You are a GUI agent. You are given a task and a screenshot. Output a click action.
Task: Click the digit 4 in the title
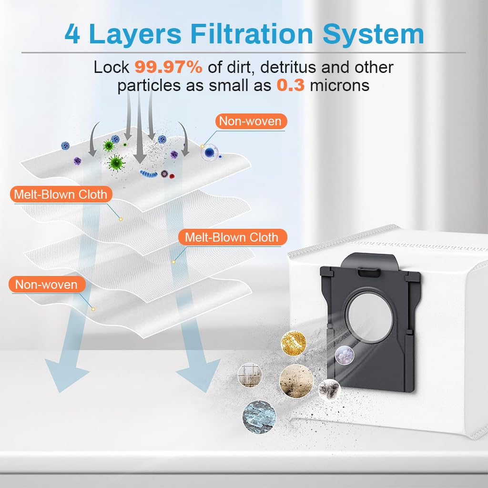pyautogui.click(x=72, y=34)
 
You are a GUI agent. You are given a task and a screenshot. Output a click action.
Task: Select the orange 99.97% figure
pyautogui.click(x=168, y=67)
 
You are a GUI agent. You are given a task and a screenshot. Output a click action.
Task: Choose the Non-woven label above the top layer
pyautogui.click(x=250, y=121)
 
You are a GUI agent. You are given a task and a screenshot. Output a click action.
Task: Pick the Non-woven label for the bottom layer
pyautogui.click(x=46, y=285)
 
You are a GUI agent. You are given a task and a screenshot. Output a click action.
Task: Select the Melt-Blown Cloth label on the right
pyautogui.click(x=232, y=237)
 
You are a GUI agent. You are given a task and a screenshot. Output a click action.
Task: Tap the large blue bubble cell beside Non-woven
pyautogui.click(x=209, y=152)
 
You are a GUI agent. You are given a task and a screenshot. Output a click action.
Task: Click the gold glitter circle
pyautogui.click(x=293, y=341)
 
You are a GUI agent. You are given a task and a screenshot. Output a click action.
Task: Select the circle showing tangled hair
pyautogui.click(x=329, y=389)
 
